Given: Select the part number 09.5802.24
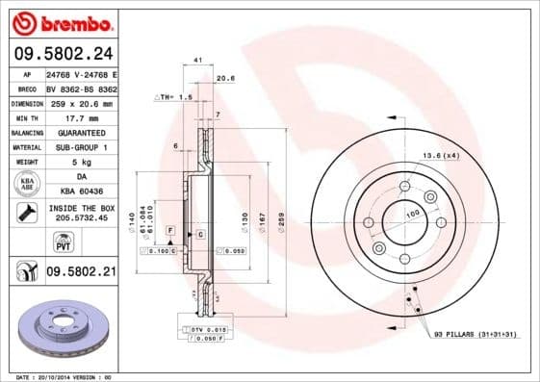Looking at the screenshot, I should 62,55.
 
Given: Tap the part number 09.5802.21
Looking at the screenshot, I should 81,273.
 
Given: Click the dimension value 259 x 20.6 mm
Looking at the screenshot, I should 81,103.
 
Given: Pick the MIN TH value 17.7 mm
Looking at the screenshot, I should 81,117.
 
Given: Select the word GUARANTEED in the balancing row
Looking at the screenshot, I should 81,132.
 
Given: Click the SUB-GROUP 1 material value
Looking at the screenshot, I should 81,147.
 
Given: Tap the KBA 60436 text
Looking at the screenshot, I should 81,191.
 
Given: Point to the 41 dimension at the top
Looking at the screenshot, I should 196,61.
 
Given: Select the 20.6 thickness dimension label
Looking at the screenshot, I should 226,79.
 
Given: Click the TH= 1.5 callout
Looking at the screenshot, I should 174,98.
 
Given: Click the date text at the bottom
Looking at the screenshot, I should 65,376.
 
